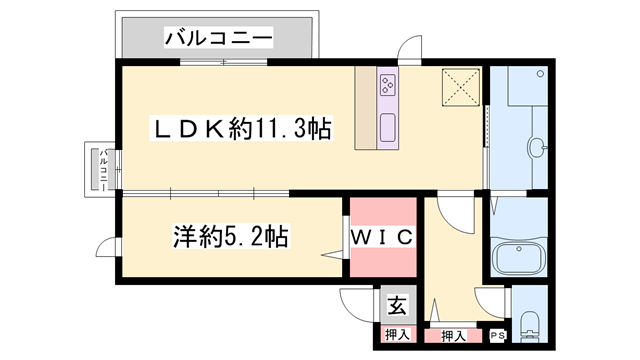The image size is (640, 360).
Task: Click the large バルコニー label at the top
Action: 219,39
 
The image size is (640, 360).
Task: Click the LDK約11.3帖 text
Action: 241,129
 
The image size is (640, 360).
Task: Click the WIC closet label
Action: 381,238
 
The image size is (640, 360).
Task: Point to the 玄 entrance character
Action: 396,305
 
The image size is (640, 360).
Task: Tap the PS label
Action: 497,336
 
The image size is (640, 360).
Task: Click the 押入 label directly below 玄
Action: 396,336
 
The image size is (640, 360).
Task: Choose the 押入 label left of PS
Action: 453,336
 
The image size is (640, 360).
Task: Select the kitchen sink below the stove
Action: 386,127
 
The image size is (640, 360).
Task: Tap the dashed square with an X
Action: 462,87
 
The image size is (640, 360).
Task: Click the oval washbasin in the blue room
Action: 538,146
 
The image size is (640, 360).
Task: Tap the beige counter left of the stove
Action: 364,110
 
